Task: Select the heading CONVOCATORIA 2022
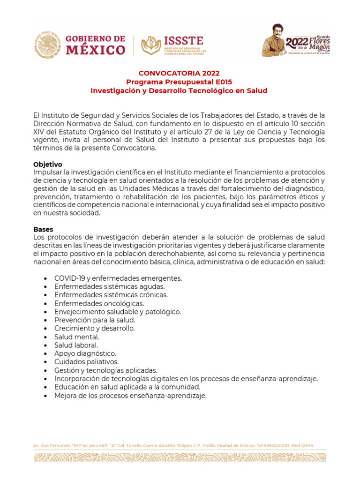(x=179, y=73)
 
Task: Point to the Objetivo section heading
(x=48, y=165)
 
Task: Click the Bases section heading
(x=43, y=229)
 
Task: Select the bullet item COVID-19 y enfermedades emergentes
(x=118, y=278)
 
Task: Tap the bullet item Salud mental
(x=76, y=337)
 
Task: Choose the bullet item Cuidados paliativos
(x=86, y=362)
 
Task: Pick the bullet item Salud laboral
(x=76, y=345)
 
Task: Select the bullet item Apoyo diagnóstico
(x=85, y=353)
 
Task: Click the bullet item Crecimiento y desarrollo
(x=94, y=329)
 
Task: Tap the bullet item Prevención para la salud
(x=94, y=320)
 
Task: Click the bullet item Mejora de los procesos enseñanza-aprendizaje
(x=130, y=396)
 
